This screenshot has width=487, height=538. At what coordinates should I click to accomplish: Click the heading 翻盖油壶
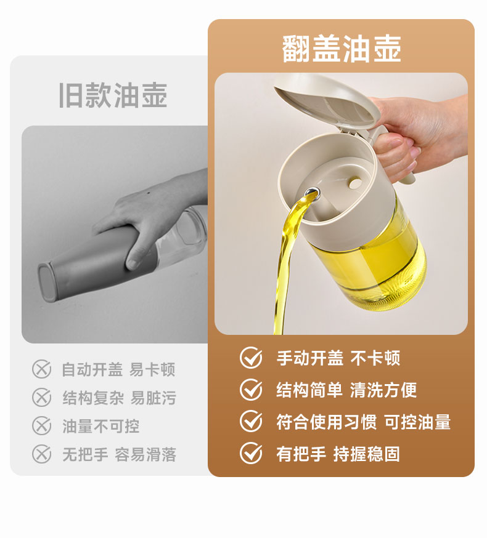point(342,49)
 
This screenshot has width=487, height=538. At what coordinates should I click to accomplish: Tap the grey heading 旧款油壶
point(113,95)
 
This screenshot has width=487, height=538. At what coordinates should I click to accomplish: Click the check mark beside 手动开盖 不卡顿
point(252,358)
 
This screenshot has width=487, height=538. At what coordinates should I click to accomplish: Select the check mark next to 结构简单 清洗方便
point(252,390)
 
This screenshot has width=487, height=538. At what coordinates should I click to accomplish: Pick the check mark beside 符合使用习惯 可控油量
point(252,421)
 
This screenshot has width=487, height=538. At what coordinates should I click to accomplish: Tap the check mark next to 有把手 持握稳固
point(252,453)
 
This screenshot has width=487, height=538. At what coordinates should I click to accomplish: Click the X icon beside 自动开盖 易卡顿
point(41,369)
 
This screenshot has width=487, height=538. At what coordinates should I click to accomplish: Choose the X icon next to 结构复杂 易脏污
point(41,398)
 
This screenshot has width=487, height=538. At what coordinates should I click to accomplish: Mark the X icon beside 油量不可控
point(41,426)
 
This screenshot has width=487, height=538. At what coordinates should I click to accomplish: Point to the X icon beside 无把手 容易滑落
point(41,454)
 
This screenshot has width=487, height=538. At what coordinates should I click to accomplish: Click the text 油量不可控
point(100,426)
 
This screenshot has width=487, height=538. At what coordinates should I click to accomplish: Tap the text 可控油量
point(417,422)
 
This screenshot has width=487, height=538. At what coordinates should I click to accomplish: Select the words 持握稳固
point(367,454)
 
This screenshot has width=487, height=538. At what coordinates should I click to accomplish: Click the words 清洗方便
point(383,390)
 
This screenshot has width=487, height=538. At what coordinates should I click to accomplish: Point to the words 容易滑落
point(145,455)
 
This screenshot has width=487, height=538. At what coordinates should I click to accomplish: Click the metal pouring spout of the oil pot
point(312,193)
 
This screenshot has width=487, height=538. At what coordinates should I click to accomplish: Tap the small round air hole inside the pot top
point(354,183)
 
